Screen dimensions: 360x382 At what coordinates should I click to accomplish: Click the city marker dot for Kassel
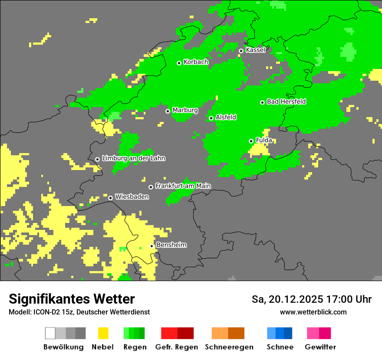241,51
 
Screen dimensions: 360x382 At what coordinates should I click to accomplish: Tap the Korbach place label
196,62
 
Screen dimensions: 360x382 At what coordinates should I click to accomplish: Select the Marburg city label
185,110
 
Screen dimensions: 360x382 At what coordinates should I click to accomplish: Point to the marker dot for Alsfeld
211,118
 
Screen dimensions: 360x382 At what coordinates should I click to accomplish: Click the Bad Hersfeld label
286,101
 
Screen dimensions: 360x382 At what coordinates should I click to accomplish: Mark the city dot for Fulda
251,141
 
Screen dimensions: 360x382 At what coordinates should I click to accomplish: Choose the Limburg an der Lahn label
133,158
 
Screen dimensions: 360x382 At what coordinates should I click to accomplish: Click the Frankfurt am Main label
183,186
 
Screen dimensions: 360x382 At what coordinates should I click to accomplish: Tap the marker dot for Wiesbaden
111,198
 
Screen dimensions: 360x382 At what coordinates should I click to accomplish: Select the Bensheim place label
171,245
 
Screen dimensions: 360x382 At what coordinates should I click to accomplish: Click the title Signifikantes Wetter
72,299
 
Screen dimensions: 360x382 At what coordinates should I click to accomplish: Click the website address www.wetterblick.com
313,312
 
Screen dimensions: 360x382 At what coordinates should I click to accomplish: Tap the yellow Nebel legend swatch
103,333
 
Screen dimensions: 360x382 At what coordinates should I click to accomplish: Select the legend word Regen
134,347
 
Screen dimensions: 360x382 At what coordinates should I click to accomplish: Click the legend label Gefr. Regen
177,347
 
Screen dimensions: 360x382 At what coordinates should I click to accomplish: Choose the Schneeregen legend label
229,347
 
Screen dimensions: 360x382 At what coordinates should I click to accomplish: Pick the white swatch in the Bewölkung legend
50,333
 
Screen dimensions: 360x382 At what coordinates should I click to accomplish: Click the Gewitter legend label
320,347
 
